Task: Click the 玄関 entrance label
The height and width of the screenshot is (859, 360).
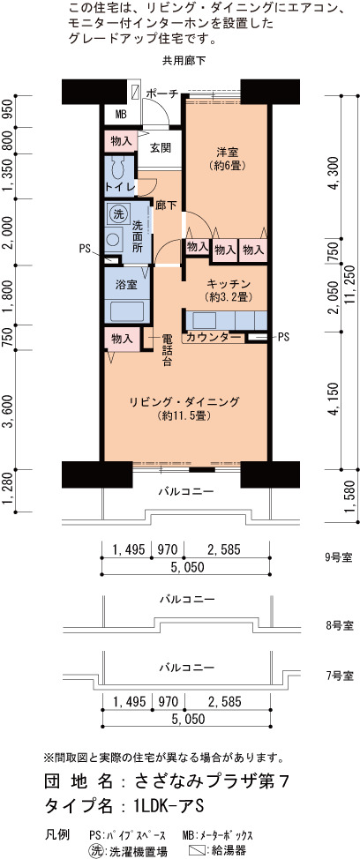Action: pos(161,147)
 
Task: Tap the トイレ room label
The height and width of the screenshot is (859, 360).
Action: pos(121,187)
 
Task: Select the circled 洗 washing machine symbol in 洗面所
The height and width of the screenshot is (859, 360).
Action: pos(116,214)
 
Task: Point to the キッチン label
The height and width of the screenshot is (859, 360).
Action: pos(229,283)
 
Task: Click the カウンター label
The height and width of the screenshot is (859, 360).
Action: pos(214,337)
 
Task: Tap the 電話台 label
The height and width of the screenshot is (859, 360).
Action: pos(168,350)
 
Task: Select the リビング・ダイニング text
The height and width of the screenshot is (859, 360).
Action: pos(184,402)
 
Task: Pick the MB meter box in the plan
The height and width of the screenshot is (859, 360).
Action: pos(121,115)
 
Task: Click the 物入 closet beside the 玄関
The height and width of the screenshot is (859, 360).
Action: pos(121,141)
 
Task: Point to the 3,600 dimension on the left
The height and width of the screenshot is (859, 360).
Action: pos(8,410)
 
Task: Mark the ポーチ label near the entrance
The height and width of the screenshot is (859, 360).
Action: pos(162,93)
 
